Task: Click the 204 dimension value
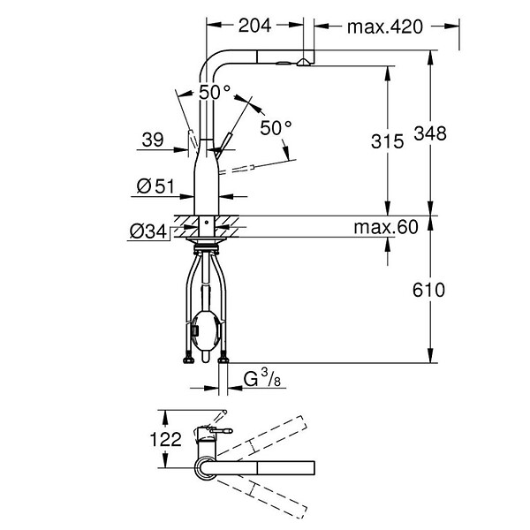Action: (x=254, y=26)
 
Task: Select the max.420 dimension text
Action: (x=385, y=26)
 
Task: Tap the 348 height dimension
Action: (x=430, y=133)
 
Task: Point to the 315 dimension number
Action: (x=388, y=141)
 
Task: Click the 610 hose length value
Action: (x=428, y=290)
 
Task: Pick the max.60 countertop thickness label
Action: (x=386, y=227)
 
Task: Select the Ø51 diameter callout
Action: (x=155, y=186)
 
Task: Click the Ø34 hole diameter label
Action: (x=148, y=231)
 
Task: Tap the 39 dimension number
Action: (x=153, y=140)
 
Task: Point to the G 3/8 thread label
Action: (x=262, y=378)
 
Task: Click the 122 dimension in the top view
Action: (x=166, y=439)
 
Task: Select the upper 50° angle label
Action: (x=215, y=92)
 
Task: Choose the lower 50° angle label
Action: (x=276, y=128)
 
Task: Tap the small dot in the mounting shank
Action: (x=207, y=223)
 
